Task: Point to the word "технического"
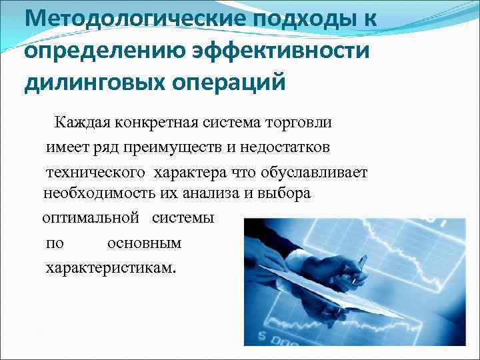pyautogui.click(x=95, y=171)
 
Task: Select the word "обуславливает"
pyautogui.click(x=319, y=171)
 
